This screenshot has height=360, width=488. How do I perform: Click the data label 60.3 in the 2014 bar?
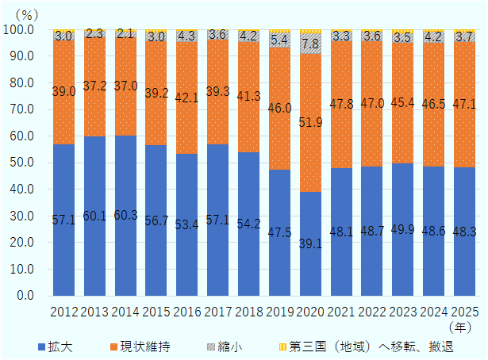click(125, 216)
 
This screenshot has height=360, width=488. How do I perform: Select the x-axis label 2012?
click(63, 310)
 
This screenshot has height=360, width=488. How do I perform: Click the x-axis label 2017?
click(217, 310)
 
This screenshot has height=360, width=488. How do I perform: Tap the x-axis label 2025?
click(463, 310)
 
